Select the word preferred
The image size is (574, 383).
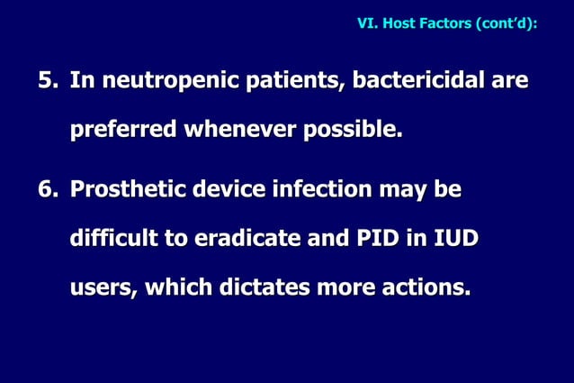pyautogui.click(x=124, y=131)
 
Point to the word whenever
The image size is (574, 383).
pyautogui.click(x=240, y=131)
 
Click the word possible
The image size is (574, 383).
pyautogui.click(x=353, y=131)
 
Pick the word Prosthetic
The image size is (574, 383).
pyautogui.click(x=130, y=191)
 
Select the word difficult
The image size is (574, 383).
pyautogui.click(x=112, y=240)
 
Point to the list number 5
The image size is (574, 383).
pyautogui.click(x=45, y=82)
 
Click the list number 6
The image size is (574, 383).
pyautogui.click(x=45, y=191)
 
